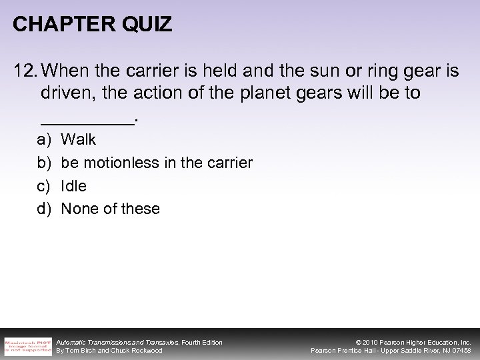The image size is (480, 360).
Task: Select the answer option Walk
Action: [x=79, y=139]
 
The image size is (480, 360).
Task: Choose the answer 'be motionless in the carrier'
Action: [x=157, y=163]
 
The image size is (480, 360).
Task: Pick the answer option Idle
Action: [x=74, y=186]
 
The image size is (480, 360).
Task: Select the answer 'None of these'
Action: [x=111, y=209]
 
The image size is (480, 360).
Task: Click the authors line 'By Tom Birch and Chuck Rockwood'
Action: [x=109, y=351]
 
